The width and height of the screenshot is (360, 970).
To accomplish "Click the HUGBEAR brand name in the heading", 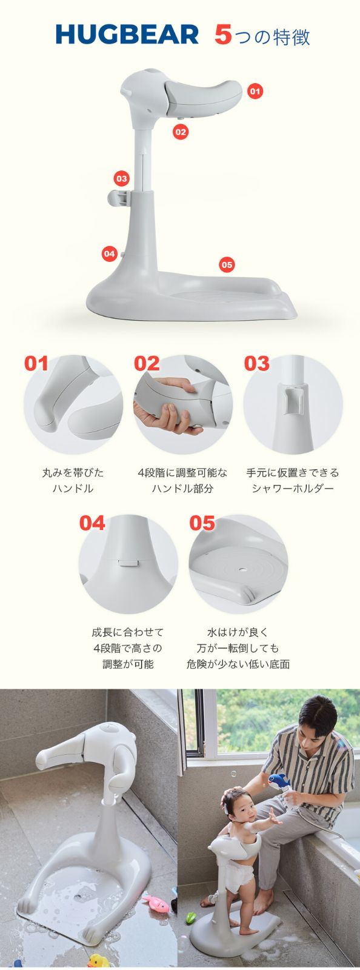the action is click(x=127, y=35).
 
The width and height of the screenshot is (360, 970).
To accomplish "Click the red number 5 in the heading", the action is click(x=223, y=35).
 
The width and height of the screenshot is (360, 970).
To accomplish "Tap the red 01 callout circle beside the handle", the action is click(x=255, y=91).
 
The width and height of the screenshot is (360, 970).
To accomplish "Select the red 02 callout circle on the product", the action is click(x=181, y=132).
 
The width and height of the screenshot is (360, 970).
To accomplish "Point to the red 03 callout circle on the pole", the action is click(x=122, y=178).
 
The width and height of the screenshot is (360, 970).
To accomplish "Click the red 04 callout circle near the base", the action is click(x=110, y=254).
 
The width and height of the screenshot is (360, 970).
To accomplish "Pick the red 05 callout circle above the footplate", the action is click(x=227, y=264).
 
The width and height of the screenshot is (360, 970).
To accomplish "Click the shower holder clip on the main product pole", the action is click(x=119, y=198).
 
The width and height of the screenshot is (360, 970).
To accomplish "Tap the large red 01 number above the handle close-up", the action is click(x=36, y=364).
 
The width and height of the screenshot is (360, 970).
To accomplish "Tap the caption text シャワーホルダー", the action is click(x=293, y=489).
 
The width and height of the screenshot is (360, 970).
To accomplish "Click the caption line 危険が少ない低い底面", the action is click(x=238, y=664).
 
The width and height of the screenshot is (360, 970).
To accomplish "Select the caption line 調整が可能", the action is click(x=128, y=664).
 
